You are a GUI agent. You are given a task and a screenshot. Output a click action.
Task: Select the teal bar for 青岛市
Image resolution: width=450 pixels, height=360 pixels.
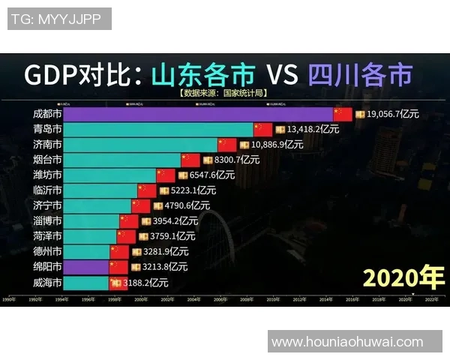pos(158,129)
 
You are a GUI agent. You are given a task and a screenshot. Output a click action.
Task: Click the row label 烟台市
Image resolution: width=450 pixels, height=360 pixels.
pos(47,160)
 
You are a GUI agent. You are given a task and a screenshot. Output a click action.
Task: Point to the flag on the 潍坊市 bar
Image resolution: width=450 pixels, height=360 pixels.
pos(166,175)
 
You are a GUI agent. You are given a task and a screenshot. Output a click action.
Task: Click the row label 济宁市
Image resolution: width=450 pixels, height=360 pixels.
pos(47,205)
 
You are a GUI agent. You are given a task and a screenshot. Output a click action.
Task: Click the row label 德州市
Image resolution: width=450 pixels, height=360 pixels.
pos(47,251)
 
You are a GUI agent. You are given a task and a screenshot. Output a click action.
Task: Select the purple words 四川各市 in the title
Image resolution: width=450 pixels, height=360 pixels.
pos(360,76)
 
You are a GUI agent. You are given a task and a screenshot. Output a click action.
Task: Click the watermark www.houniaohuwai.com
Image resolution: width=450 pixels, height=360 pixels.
pos(347,342)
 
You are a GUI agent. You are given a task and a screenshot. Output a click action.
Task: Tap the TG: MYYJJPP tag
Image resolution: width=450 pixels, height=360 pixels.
pos(59,19)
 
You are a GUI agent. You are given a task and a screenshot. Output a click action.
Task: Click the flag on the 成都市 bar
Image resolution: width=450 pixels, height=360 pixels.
pos(343,114)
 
